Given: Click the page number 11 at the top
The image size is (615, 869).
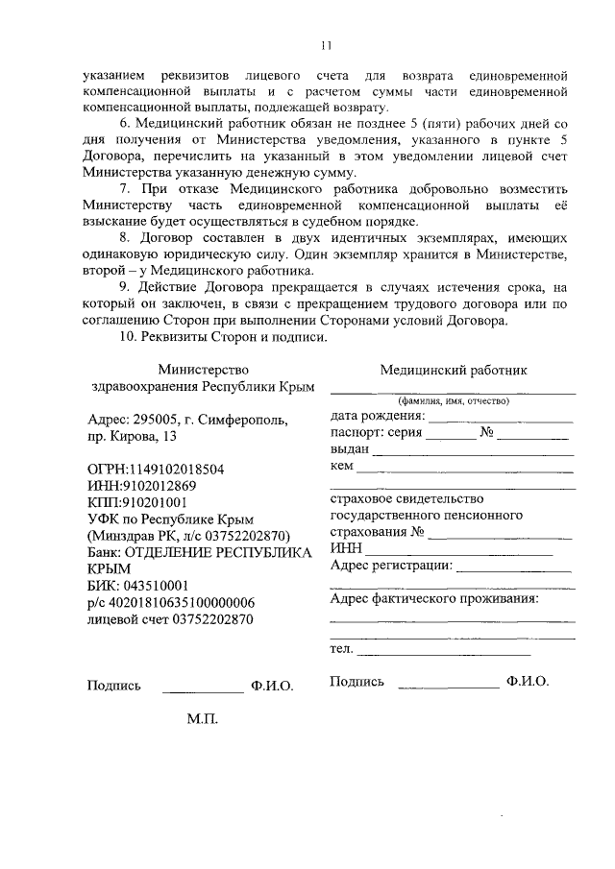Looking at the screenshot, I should tap(326, 44).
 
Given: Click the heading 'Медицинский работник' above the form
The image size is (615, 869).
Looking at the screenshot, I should tap(453, 370).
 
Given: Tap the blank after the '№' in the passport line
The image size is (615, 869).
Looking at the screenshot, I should tap(533, 436).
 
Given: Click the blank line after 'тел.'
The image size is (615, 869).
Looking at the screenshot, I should tap(442, 654).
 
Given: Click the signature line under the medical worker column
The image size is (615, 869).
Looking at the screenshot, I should tap(447, 688).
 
